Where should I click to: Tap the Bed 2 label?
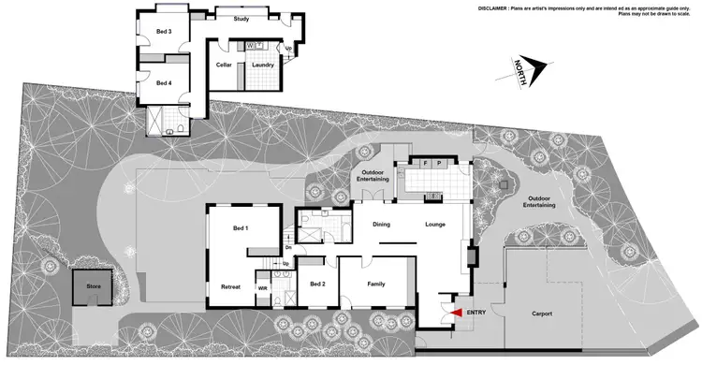tap(317, 285)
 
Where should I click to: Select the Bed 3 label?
tap(164, 32)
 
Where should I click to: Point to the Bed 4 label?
tap(164, 83)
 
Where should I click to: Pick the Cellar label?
tap(224, 65)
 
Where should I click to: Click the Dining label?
tap(382, 225)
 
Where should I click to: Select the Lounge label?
tap(434, 225)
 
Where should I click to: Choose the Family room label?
tap(375, 285)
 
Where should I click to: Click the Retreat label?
tap(230, 286)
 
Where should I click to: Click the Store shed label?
tap(93, 287)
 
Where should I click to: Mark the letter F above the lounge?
tap(424, 164)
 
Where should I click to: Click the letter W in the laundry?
tap(251, 45)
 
